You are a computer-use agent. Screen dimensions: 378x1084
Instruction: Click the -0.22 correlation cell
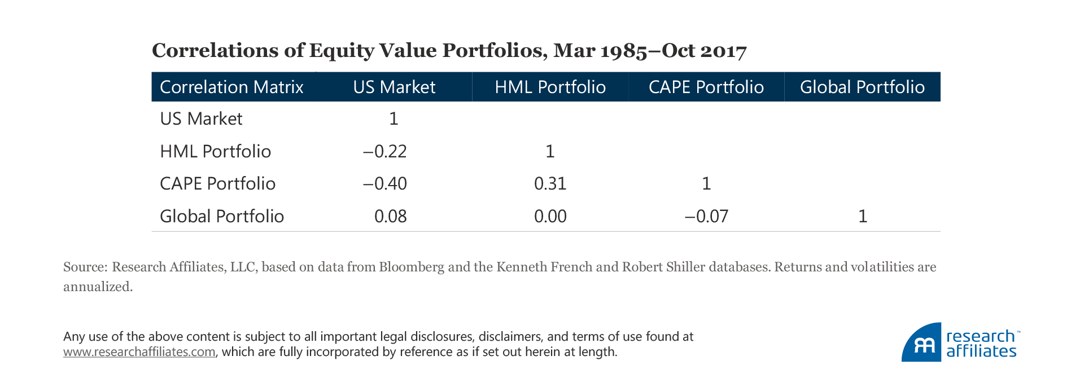point(384,151)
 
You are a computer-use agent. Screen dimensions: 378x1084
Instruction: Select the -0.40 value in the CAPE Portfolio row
point(384,183)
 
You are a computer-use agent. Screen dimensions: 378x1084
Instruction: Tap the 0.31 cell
point(550,183)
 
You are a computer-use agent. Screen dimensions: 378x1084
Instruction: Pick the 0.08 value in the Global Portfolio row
point(390,216)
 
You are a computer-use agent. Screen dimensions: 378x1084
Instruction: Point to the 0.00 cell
point(550,216)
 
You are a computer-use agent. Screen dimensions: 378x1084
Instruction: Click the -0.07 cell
point(706,216)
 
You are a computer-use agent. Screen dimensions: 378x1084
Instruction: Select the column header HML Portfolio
point(550,87)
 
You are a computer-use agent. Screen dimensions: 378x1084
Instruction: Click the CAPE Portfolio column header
point(706,87)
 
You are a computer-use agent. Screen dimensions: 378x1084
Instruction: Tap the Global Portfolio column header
point(862,87)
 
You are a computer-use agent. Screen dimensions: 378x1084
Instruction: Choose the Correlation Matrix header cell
point(231,87)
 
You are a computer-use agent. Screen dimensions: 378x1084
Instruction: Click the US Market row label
point(201,118)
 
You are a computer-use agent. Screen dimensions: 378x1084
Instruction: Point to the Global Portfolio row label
point(222,216)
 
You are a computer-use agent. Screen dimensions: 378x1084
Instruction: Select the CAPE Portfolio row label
point(217,183)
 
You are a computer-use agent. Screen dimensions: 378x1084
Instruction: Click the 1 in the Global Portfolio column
point(863,216)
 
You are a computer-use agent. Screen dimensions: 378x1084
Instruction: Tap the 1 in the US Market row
point(394,118)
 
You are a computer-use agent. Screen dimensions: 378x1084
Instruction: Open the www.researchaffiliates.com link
point(139,352)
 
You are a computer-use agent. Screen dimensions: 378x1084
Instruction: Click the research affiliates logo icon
point(922,343)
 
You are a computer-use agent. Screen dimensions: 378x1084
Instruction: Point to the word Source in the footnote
point(85,267)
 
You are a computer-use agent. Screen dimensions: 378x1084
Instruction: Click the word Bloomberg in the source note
point(412,267)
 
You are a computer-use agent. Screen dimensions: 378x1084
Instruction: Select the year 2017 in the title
point(723,51)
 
